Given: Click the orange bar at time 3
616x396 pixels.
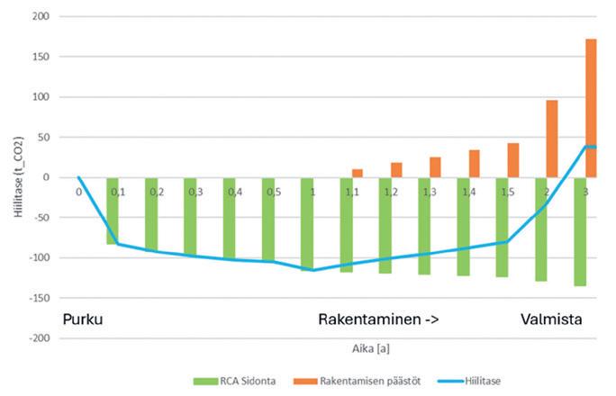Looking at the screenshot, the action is tap(591, 108).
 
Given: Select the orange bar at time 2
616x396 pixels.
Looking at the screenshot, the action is tap(552, 139).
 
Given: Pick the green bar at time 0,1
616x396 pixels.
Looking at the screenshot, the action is tap(113, 211).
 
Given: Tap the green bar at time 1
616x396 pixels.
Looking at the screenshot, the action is tap(307, 224).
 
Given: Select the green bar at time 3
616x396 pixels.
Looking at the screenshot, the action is tap(580, 231).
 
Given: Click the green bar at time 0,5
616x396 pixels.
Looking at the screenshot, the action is tap(268, 220).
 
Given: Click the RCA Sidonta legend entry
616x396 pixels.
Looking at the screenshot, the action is tap(234, 381).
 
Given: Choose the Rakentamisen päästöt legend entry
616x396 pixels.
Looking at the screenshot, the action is tap(358, 381).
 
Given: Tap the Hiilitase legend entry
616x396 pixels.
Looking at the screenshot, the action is tap(469, 381).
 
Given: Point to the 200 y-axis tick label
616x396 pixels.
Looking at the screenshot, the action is tap(41, 16).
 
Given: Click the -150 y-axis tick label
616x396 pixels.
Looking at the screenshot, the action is tap(40, 298).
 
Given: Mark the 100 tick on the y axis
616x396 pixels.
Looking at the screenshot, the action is tap(41, 96).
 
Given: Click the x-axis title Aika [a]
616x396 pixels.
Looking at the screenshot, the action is tap(371, 348).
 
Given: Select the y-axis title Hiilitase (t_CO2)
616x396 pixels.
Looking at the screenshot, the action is tap(19, 177).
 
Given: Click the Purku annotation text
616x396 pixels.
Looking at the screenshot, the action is tap(83, 319).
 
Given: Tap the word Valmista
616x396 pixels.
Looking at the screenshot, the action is tap(551, 319).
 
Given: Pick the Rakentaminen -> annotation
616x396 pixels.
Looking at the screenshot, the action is tap(378, 319).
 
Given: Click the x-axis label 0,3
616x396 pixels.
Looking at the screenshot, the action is tap(195, 192).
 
